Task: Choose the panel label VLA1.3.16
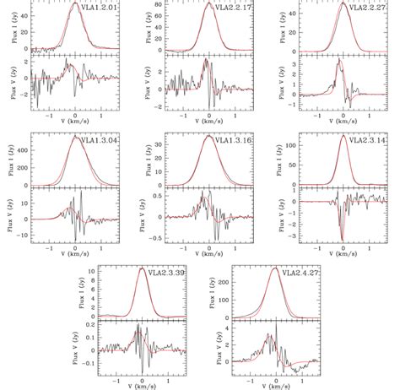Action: [235, 139]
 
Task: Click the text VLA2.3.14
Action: [367, 139]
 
